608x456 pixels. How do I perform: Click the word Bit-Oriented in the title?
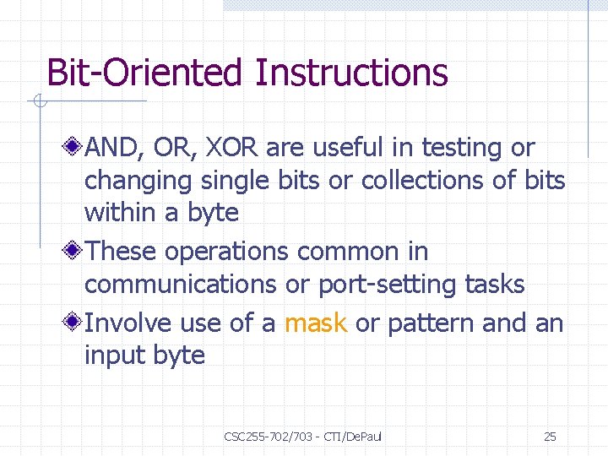tap(144, 73)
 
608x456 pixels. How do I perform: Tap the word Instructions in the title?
tap(350, 73)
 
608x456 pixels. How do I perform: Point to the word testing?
tap(463, 148)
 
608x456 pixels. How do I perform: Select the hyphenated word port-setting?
tap(388, 285)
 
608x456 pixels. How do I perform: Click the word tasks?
tap(495, 285)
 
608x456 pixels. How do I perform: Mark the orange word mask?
tap(317, 323)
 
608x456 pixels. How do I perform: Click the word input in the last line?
tap(115, 356)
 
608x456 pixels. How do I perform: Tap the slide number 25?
tap(550, 437)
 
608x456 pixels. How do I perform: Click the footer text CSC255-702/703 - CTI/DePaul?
tap(303, 437)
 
